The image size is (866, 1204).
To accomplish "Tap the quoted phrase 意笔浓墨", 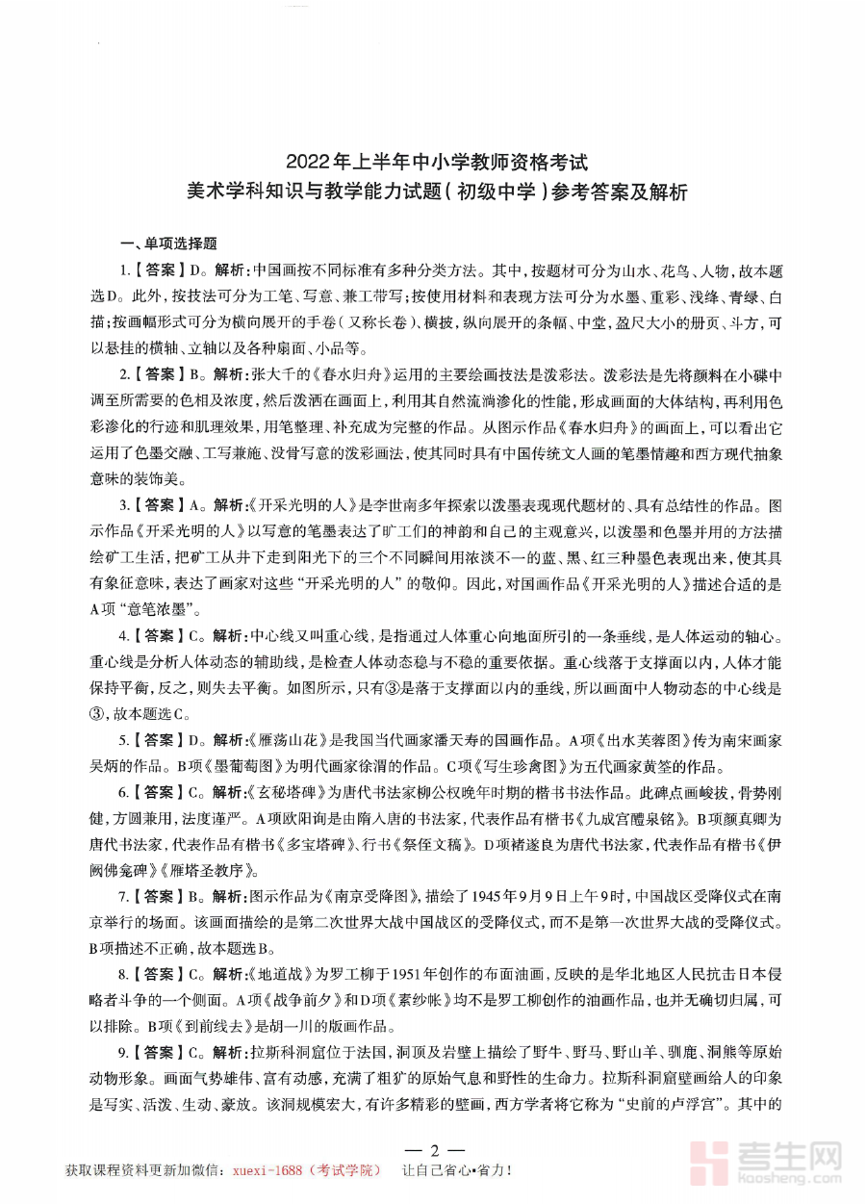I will click(164, 608).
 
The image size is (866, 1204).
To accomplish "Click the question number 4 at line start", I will click(123, 635).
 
